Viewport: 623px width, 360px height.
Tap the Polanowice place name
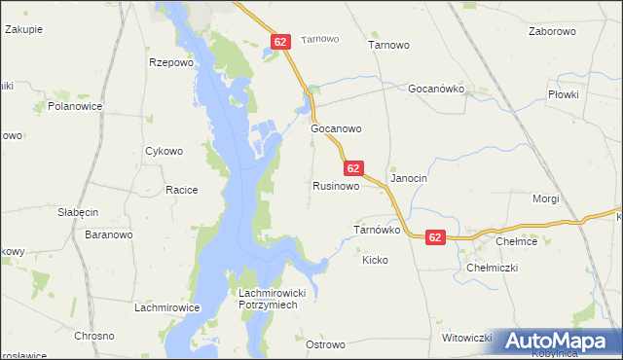click(75, 106)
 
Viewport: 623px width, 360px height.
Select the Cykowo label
click(164, 151)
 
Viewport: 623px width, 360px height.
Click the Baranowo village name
click(109, 234)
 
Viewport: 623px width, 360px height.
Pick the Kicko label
click(375, 260)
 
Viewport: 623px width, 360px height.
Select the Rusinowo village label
click(337, 185)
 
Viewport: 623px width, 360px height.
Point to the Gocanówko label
click(438, 89)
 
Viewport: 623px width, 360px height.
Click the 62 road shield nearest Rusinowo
click(353, 168)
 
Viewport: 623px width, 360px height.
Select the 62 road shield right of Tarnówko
click(435, 237)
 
